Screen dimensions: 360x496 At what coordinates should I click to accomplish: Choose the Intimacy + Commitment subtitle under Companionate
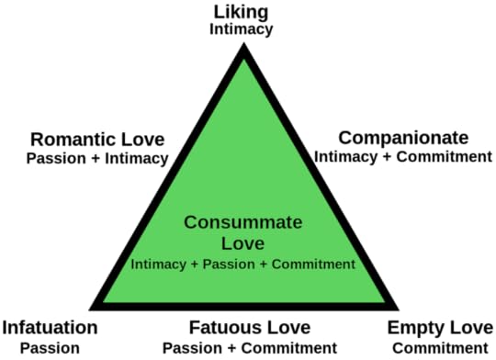[x=403, y=156]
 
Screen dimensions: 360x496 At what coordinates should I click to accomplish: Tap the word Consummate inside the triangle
[x=242, y=223]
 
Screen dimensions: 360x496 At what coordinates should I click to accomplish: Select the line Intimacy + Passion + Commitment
[x=242, y=264]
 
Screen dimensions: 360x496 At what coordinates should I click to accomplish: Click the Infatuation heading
[x=50, y=328]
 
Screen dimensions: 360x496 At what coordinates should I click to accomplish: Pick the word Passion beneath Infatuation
[x=50, y=347]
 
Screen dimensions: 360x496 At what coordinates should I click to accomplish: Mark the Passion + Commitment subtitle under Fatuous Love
[x=249, y=347]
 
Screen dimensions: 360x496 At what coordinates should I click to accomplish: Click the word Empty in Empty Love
[x=414, y=328]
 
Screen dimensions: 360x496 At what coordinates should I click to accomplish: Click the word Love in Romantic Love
[x=141, y=140]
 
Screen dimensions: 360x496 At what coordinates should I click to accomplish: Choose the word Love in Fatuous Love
[x=287, y=328]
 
